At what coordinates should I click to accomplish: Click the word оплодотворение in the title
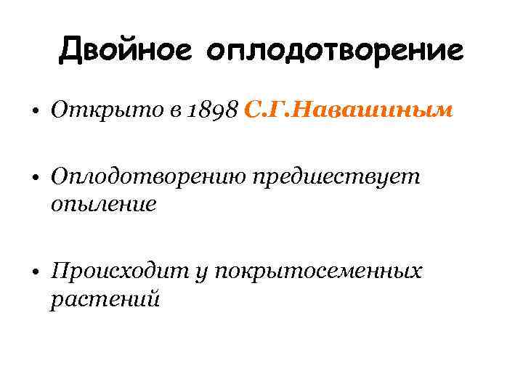pyautogui.click(x=334, y=51)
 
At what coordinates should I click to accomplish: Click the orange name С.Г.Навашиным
pyautogui.click(x=349, y=110)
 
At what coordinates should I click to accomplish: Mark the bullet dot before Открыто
pyautogui.click(x=35, y=112)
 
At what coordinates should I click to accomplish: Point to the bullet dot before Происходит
pyautogui.click(x=35, y=274)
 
